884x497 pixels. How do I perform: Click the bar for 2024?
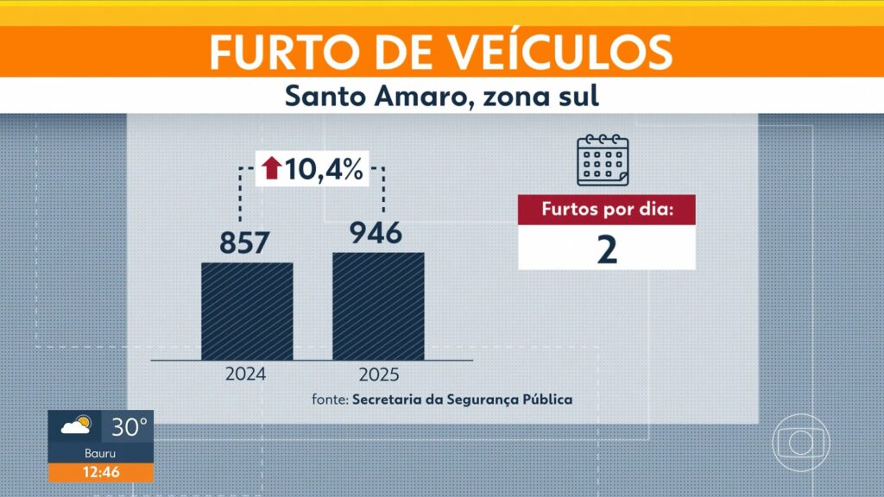247,311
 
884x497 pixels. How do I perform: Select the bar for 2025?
378,306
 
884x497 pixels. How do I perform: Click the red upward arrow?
272,168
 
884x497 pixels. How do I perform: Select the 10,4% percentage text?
324,168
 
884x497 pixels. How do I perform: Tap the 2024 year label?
246,375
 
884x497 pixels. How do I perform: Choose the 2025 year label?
378,375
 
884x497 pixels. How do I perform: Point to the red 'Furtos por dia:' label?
606,210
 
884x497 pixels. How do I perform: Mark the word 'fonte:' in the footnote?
330,399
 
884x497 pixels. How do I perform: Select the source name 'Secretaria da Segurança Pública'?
462,399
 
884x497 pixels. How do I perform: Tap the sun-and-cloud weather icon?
76,426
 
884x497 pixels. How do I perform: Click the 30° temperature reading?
128,426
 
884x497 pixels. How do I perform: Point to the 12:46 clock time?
101,472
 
